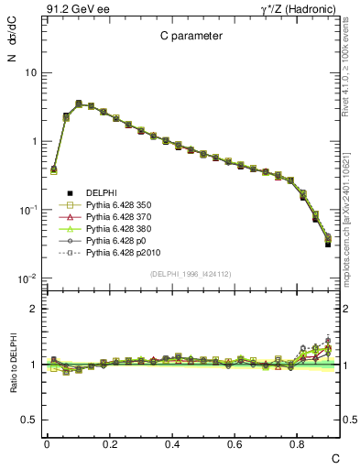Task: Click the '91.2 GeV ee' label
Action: (x=70, y=8)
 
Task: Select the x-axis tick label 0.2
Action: (x=110, y=443)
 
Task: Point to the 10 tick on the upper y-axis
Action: (x=29, y=72)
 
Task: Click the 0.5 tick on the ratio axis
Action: (x=27, y=420)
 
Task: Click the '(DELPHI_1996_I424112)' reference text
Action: (x=190, y=274)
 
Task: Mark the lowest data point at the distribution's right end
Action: (x=328, y=245)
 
